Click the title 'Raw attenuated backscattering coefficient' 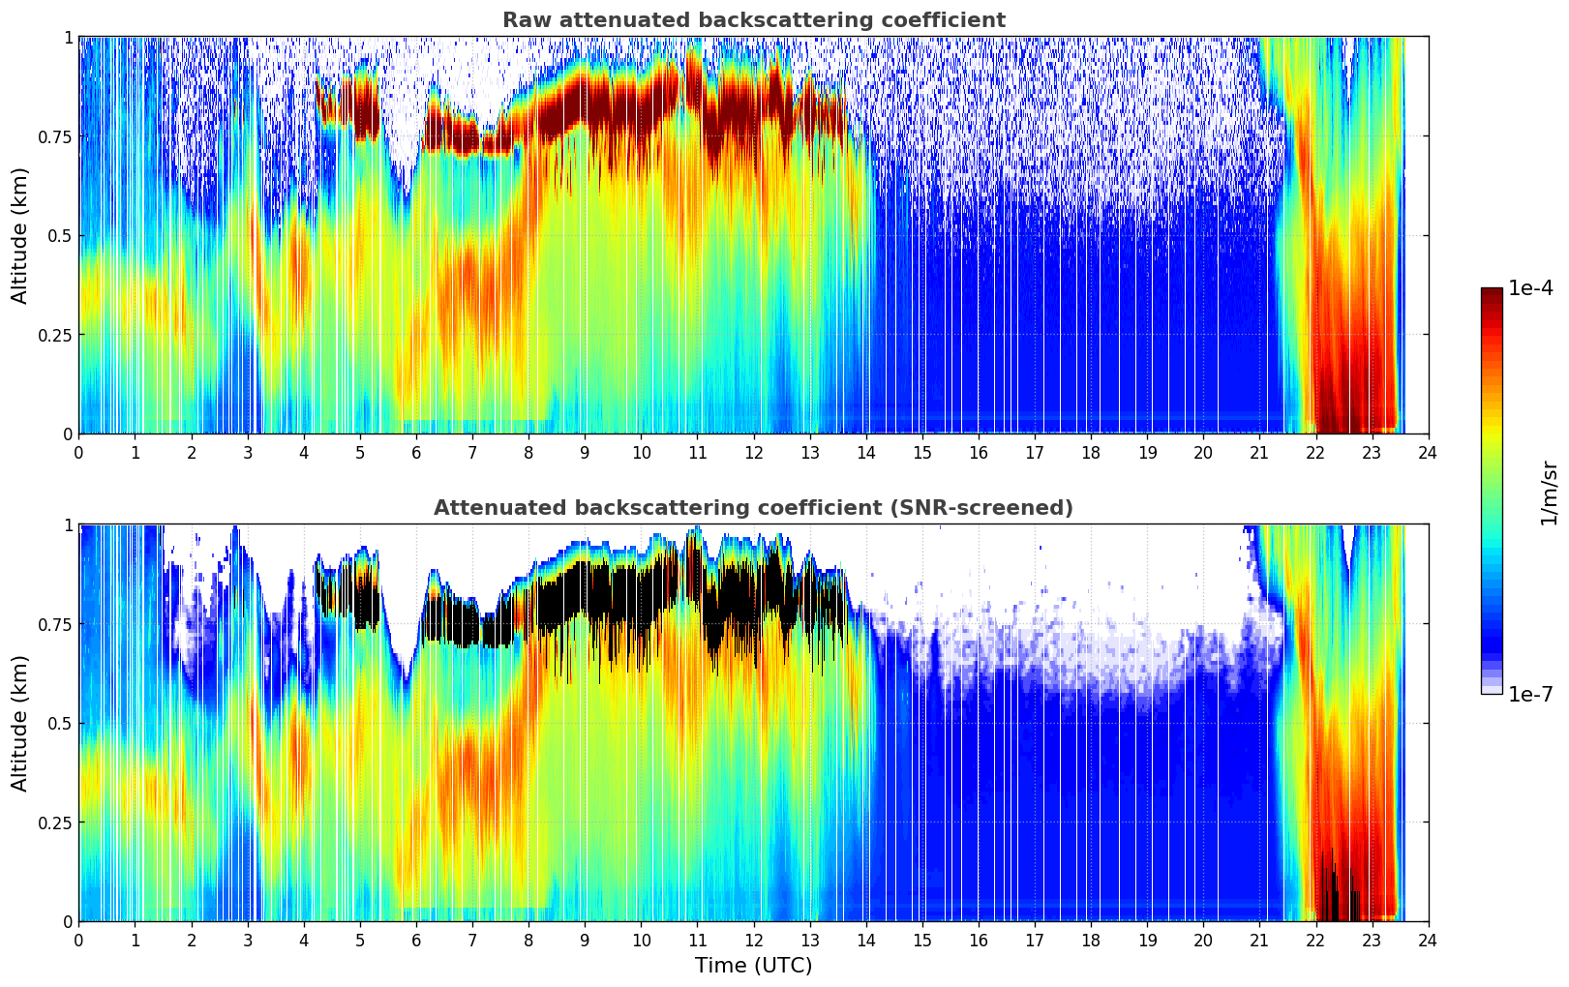[753, 20]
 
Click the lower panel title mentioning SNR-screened [753, 508]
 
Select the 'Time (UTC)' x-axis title [753, 966]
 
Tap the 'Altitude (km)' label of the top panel [20, 235]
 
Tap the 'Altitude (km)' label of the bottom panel [20, 723]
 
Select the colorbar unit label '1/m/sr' [1549, 493]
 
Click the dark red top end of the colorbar [1492, 293]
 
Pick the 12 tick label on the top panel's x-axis [753, 452]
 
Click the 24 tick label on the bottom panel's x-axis [1428, 940]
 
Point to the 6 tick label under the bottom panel [416, 940]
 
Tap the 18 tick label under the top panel [1091, 452]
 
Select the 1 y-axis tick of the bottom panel [68, 525]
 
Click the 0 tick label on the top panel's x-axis [79, 452]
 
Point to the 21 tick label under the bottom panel [1259, 940]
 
